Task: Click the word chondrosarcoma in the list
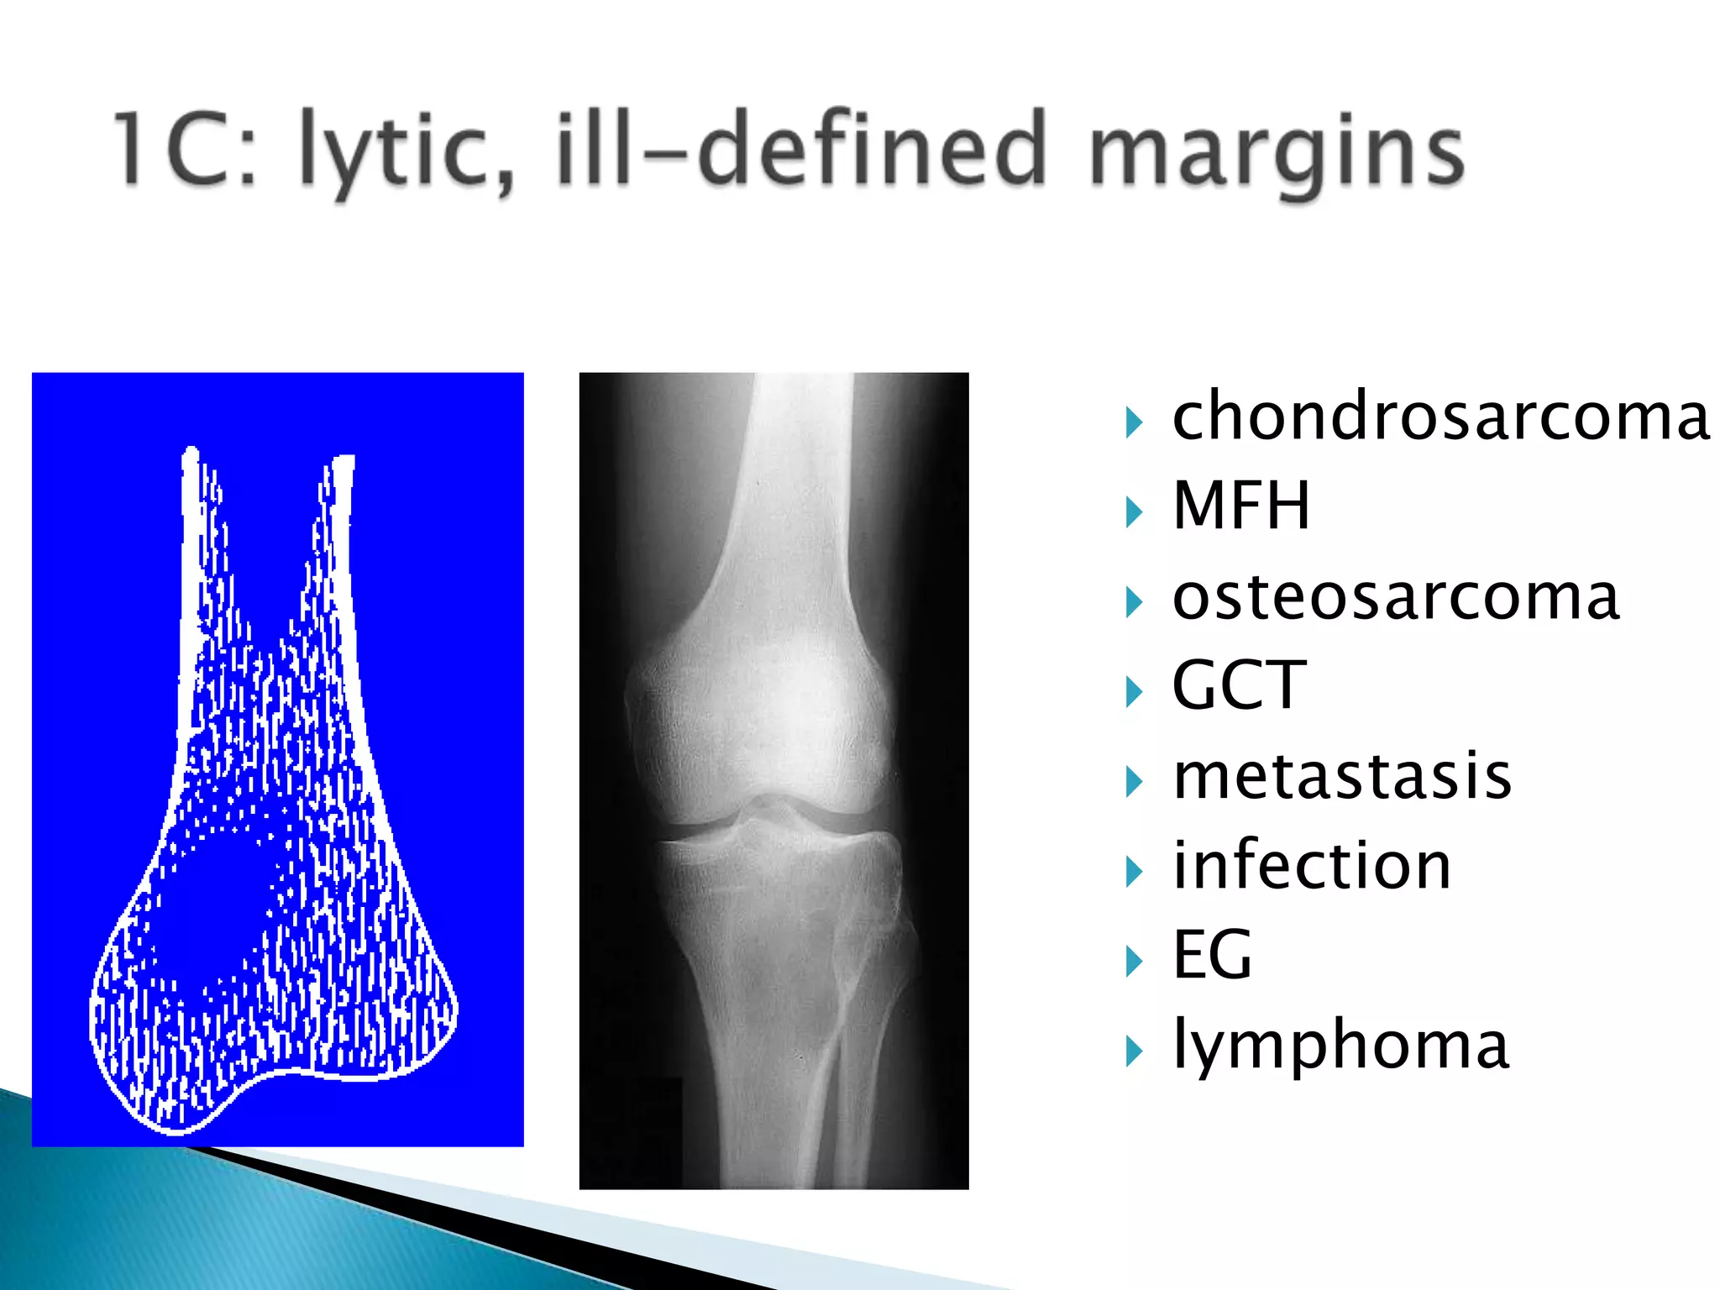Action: click(1439, 417)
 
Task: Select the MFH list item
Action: click(1240, 506)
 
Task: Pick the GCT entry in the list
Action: click(1239, 686)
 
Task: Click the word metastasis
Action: click(1341, 777)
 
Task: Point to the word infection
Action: click(1311, 866)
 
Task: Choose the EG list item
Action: click(1212, 955)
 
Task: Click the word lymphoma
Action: click(1340, 1046)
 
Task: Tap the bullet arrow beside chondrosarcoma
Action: click(1134, 422)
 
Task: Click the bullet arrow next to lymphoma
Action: click(1134, 1051)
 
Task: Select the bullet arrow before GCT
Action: click(1134, 692)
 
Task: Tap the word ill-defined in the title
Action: click(802, 149)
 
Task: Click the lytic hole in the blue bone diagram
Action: click(214, 911)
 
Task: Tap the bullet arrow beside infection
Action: click(1134, 872)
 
